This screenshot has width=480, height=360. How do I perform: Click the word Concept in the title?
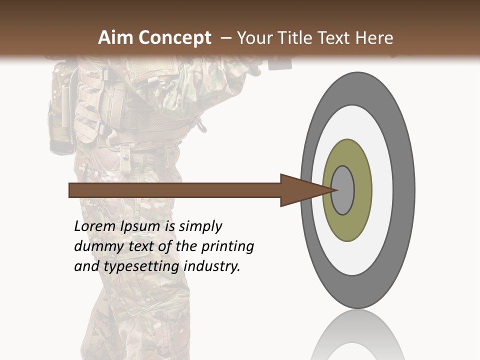coord(174,38)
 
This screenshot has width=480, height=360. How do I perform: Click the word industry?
coord(212,266)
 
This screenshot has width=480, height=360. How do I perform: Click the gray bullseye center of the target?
coord(343,190)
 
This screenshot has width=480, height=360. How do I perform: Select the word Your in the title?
coord(254,38)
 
